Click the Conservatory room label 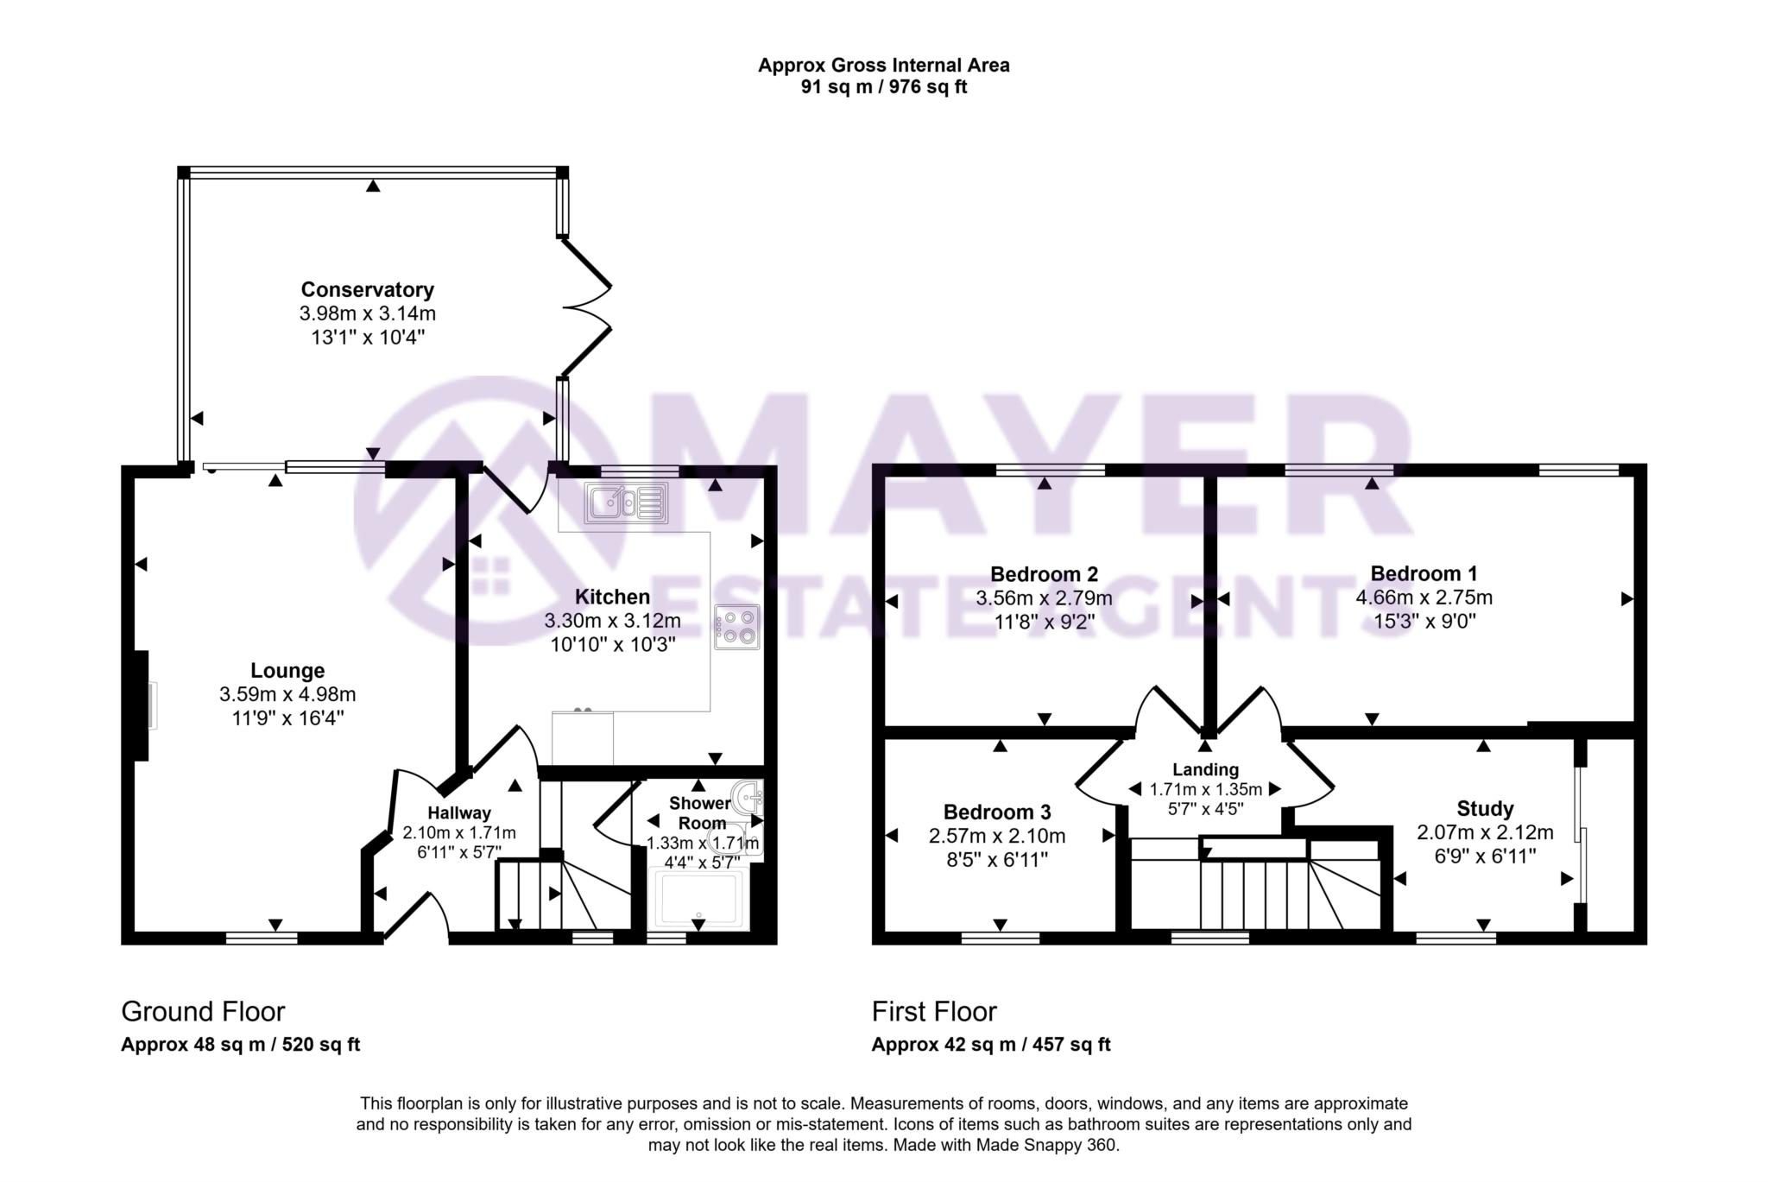tap(367, 289)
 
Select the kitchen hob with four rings tap(736, 627)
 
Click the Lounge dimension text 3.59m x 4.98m tap(287, 694)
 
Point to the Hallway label tap(459, 812)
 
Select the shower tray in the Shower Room tap(699, 900)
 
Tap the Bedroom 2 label tap(1044, 574)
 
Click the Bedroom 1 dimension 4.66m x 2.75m tap(1424, 597)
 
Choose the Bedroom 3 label tap(997, 812)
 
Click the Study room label tap(1485, 809)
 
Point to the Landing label tap(1205, 769)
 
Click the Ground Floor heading tap(203, 1011)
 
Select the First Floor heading tap(934, 1011)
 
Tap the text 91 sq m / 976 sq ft tap(884, 87)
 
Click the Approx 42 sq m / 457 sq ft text tap(991, 1045)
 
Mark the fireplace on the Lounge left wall tap(143, 705)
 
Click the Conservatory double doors tap(587, 307)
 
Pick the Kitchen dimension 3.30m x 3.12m tap(612, 621)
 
